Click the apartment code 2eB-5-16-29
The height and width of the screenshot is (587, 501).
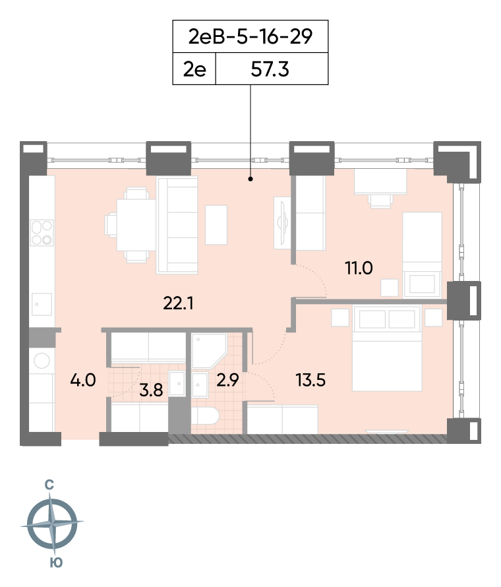(x=250, y=37)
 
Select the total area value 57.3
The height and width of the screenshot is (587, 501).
(x=270, y=69)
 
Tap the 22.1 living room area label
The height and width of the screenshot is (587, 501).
(x=178, y=303)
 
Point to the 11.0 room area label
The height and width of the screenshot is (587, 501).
(x=359, y=268)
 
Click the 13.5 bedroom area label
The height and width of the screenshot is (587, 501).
(x=310, y=380)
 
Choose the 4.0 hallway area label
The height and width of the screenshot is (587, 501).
(x=82, y=380)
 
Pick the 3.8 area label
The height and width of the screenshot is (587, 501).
(x=151, y=390)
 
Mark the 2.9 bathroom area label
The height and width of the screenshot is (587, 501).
(x=227, y=380)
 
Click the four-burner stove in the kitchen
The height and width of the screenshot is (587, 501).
(x=42, y=232)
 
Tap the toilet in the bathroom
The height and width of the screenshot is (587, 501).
(x=204, y=416)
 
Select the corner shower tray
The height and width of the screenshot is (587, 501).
(x=209, y=351)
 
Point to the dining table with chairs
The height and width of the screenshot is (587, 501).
(x=131, y=225)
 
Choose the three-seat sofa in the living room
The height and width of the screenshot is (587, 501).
(x=177, y=225)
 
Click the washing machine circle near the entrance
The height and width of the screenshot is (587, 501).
(x=42, y=361)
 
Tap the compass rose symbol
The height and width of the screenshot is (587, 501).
(x=52, y=522)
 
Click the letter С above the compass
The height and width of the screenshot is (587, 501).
(x=49, y=485)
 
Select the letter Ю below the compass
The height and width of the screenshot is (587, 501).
(x=56, y=563)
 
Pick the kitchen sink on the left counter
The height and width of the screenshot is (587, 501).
(x=42, y=304)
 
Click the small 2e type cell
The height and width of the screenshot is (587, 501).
(x=194, y=69)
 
